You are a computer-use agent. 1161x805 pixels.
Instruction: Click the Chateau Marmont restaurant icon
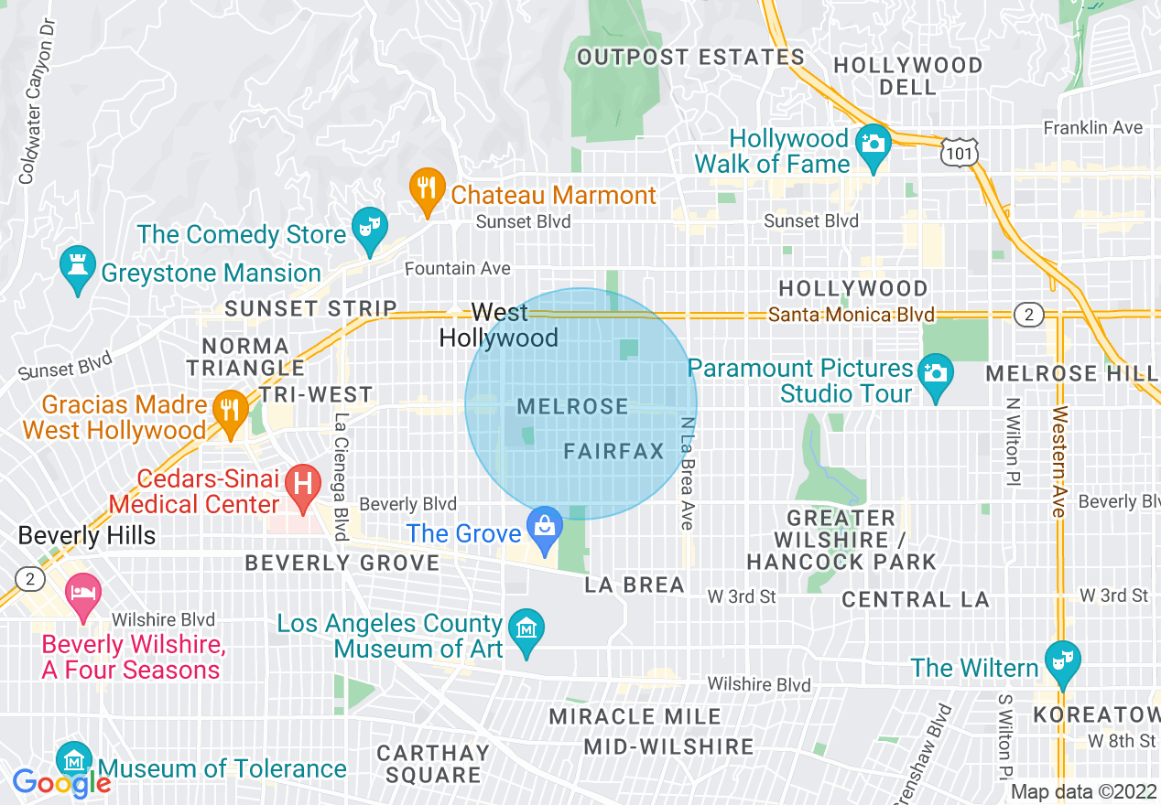pyautogui.click(x=426, y=189)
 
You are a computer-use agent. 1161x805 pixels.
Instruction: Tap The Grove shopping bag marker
pyautogui.click(x=546, y=528)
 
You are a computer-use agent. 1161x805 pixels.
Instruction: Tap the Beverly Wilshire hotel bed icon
pyautogui.click(x=82, y=592)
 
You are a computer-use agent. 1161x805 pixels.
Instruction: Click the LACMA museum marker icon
pyautogui.click(x=526, y=629)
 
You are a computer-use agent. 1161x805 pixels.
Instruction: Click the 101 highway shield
pyautogui.click(x=960, y=153)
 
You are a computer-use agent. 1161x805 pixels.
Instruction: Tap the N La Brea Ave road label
pyautogui.click(x=687, y=474)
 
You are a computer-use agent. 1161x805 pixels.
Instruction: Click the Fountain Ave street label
pyautogui.click(x=458, y=268)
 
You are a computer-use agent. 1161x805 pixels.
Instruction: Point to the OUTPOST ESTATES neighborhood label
pyautogui.click(x=690, y=57)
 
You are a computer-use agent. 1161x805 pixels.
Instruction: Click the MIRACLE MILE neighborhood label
pyautogui.click(x=635, y=716)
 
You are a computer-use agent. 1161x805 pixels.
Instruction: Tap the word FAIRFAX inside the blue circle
pyautogui.click(x=614, y=451)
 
